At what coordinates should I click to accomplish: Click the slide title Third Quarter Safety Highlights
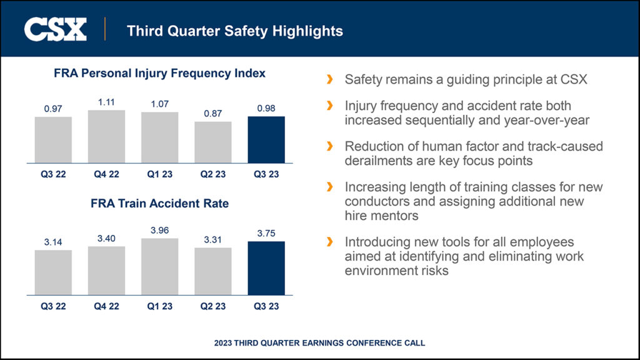click(234, 30)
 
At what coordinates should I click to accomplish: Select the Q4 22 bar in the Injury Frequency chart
click(106, 136)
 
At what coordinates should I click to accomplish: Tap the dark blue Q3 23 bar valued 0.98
click(266, 139)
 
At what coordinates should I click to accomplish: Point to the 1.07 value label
click(159, 104)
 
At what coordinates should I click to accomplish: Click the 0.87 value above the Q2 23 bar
click(213, 113)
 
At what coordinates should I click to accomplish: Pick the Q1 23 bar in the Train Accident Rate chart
click(159, 266)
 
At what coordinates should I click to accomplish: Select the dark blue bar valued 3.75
click(266, 267)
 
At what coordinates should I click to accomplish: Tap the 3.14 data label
click(53, 242)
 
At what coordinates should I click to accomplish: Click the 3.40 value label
click(106, 238)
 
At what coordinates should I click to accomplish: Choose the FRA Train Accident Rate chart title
click(159, 204)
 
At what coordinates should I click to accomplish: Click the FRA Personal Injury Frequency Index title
click(159, 74)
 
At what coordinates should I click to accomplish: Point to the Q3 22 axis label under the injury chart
click(53, 174)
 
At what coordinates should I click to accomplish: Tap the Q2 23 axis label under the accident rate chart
click(213, 306)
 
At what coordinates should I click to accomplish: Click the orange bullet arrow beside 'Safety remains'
click(329, 80)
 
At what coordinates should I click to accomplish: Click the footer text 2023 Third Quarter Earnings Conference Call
click(319, 342)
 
